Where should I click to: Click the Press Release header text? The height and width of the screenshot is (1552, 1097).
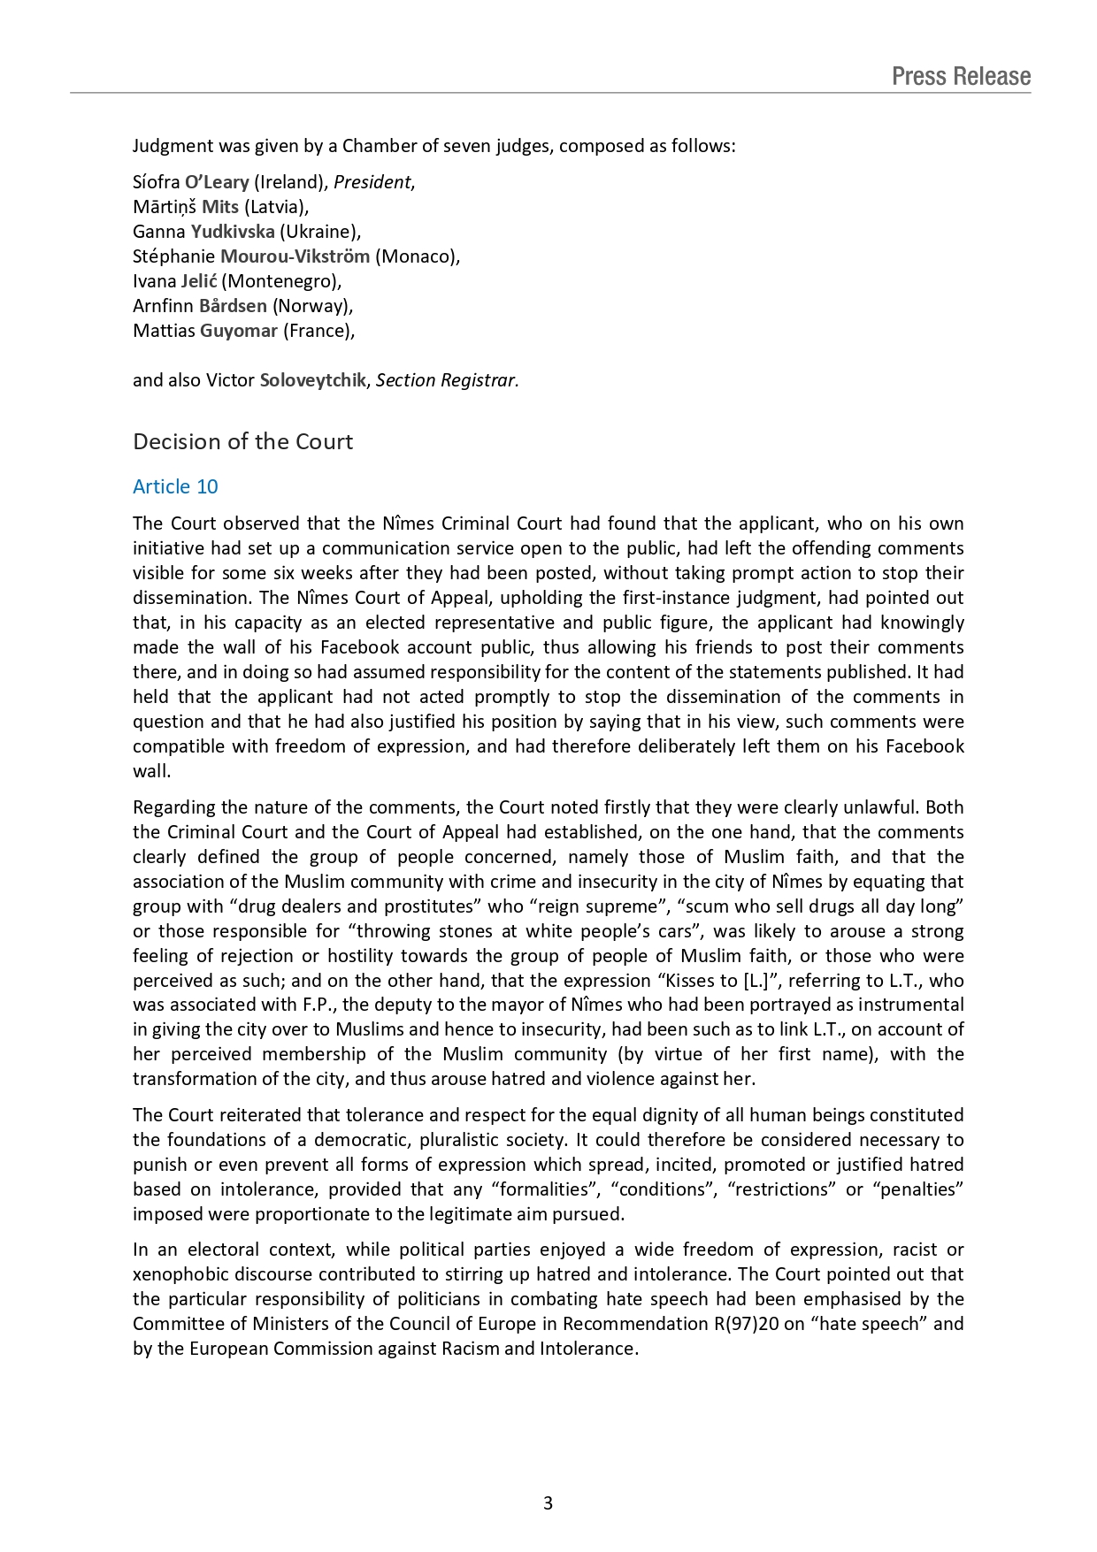tap(961, 76)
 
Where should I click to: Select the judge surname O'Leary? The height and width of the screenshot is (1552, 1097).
tap(217, 182)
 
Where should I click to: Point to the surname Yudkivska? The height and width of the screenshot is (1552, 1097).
tap(233, 232)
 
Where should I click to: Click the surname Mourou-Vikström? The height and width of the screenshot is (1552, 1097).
tap(295, 256)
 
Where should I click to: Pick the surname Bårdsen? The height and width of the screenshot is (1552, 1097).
tap(233, 306)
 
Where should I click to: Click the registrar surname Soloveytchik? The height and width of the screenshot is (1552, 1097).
tap(312, 380)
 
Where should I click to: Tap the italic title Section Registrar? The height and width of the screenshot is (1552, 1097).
tap(447, 380)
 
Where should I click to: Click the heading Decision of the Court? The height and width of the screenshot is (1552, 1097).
tap(242, 441)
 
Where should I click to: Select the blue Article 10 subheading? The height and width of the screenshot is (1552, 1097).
tap(175, 486)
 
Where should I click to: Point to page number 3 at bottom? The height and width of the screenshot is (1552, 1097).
tap(548, 1502)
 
